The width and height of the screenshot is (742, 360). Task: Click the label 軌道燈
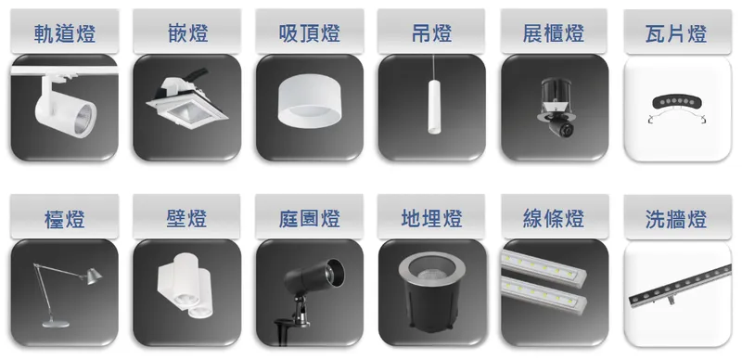click(64, 35)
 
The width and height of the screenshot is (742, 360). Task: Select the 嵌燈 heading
click(186, 35)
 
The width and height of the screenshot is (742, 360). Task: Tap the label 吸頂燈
click(309, 35)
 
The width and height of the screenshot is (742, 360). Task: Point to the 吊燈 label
click(431, 35)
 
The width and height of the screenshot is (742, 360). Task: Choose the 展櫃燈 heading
click(554, 35)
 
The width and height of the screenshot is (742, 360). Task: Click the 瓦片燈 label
click(676, 35)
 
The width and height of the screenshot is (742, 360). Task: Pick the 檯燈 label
click(64, 220)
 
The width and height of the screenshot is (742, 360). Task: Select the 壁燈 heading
click(186, 220)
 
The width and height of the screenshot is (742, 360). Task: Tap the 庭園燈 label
click(309, 220)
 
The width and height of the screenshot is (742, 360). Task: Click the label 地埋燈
click(431, 220)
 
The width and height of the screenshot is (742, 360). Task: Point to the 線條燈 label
click(554, 220)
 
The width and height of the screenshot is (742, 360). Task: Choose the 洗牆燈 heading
click(676, 220)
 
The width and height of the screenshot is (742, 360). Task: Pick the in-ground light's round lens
click(431, 272)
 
